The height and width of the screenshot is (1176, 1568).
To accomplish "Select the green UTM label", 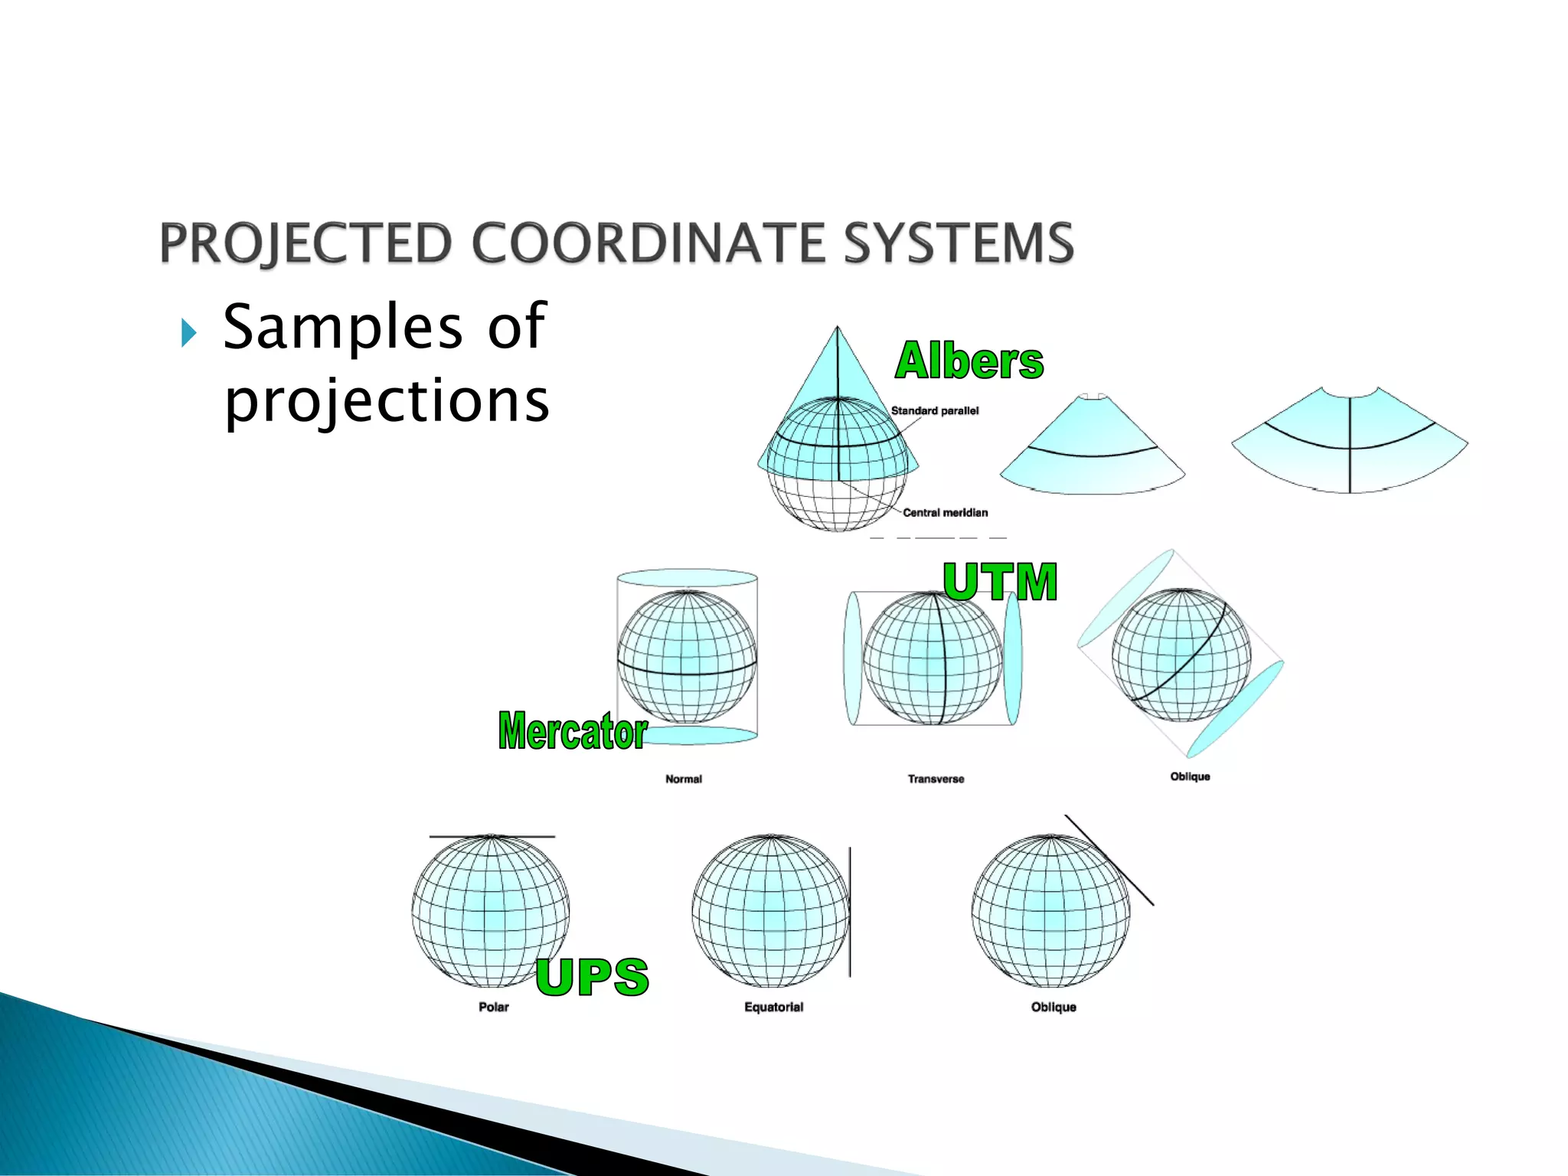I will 999,582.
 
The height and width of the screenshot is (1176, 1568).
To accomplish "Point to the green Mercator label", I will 573,731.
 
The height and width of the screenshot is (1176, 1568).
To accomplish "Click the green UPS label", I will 592,977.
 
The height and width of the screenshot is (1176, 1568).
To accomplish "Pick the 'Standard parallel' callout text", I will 934,411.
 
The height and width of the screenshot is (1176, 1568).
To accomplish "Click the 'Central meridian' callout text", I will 945,513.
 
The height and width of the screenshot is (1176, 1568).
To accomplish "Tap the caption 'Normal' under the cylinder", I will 683,779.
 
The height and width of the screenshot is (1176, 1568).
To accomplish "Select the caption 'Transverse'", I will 936,779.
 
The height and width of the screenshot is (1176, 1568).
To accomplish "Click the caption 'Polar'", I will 493,1008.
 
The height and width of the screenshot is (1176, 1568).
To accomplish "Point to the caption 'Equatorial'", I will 773,1008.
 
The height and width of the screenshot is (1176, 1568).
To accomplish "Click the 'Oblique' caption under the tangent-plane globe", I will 1053,1008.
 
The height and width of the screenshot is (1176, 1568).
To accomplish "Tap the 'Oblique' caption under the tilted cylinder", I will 1190,777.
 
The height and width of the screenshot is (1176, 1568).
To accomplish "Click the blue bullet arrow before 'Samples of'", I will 188,333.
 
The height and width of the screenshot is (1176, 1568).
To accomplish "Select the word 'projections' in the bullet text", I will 387,400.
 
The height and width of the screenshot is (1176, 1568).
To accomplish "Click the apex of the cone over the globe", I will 838,328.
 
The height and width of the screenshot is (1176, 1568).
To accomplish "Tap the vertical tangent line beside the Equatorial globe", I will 850,911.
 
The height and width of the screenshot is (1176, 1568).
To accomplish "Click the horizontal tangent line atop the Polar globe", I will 492,837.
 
